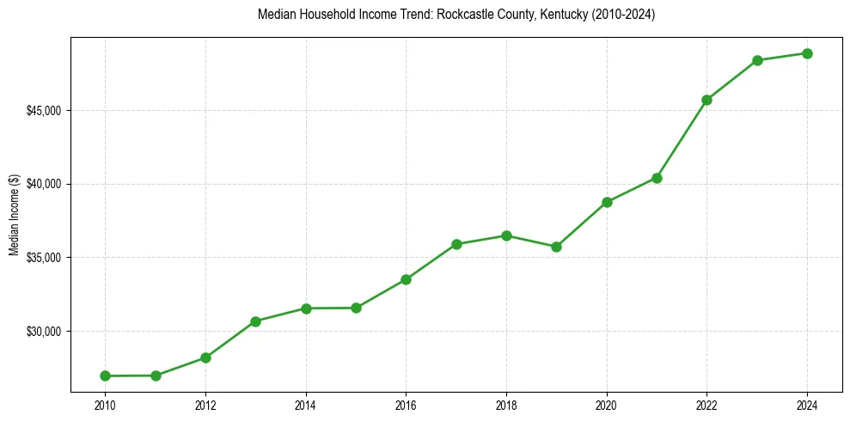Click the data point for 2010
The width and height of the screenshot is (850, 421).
105,375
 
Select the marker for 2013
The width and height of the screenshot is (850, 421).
255,321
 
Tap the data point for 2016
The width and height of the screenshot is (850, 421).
406,279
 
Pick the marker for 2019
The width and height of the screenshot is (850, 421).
556,247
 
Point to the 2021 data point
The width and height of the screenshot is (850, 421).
657,178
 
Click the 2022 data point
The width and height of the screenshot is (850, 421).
706,100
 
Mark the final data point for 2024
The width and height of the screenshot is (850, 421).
807,53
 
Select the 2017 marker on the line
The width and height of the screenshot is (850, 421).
456,244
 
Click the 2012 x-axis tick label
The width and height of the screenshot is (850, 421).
205,406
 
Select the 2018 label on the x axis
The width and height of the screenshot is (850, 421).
506,406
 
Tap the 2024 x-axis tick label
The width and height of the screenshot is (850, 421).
807,406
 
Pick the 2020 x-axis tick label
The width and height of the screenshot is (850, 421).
607,406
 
